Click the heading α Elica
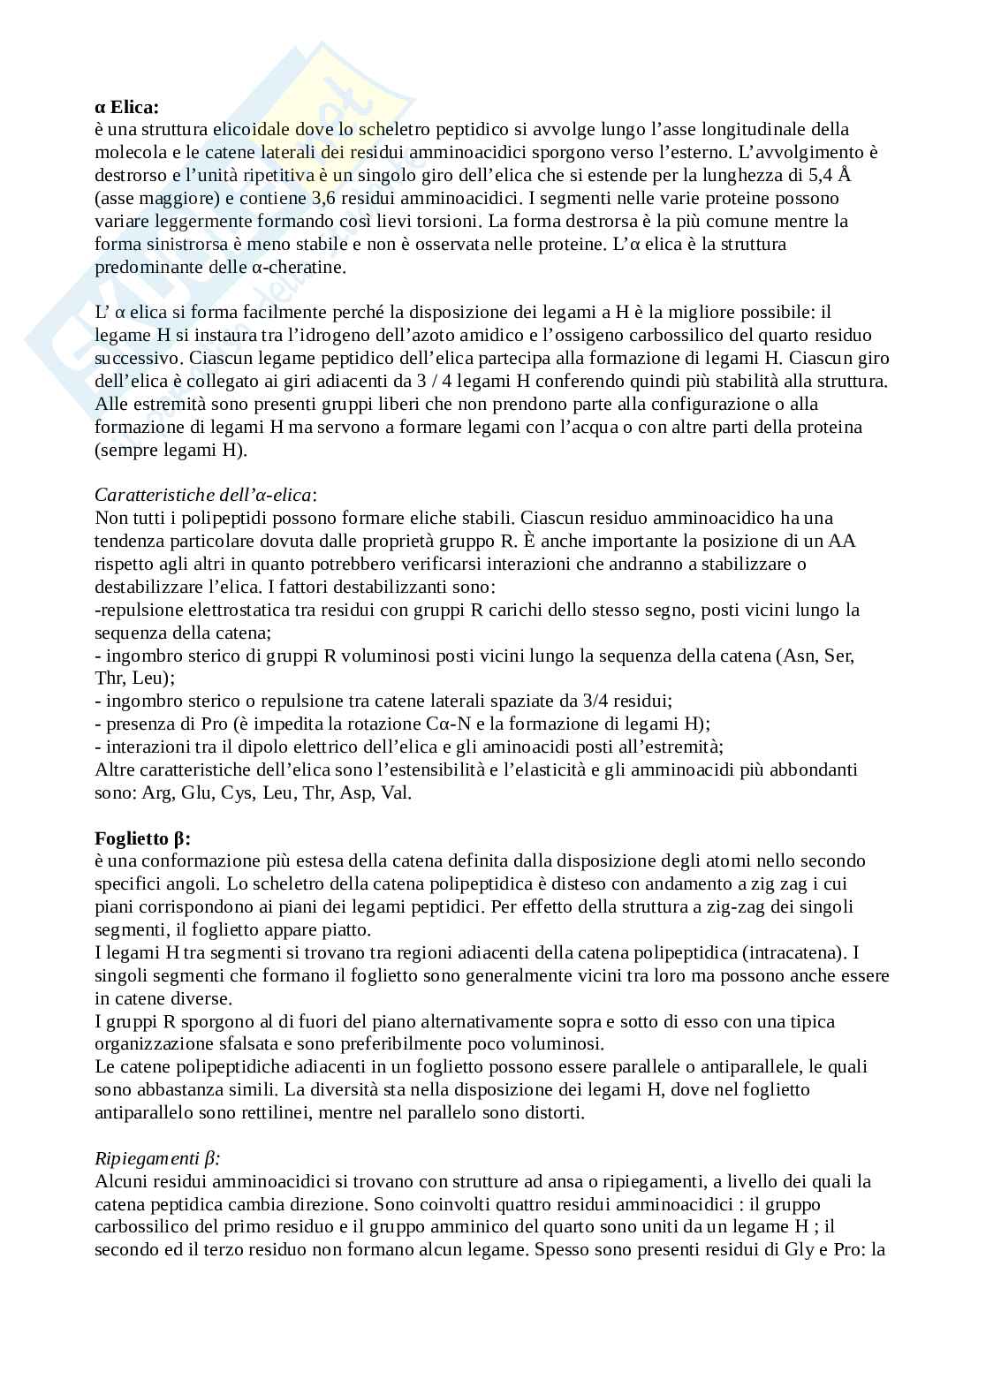(127, 107)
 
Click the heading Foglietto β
(142, 838)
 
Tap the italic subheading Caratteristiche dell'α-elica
(205, 495)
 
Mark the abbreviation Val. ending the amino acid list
(396, 792)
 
